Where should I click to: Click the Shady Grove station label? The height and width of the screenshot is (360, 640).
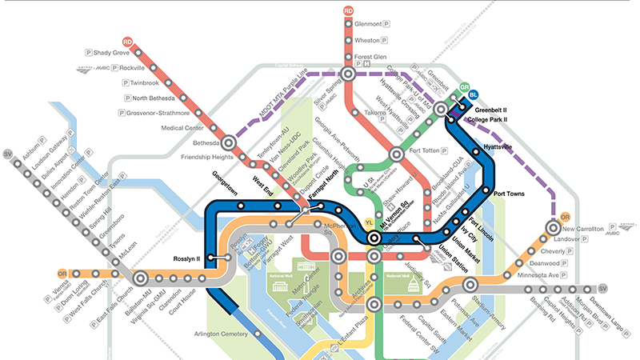coord(111,53)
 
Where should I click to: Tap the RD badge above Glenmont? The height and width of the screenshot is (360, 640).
coord(348,10)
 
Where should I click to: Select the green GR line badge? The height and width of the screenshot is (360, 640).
coord(463,89)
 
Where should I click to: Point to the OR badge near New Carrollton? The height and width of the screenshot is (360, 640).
coord(565,217)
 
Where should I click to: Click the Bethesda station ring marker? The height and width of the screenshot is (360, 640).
coord(228,143)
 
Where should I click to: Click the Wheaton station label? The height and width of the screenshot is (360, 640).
coord(367,40)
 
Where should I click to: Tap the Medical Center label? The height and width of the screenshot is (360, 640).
coord(182,127)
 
